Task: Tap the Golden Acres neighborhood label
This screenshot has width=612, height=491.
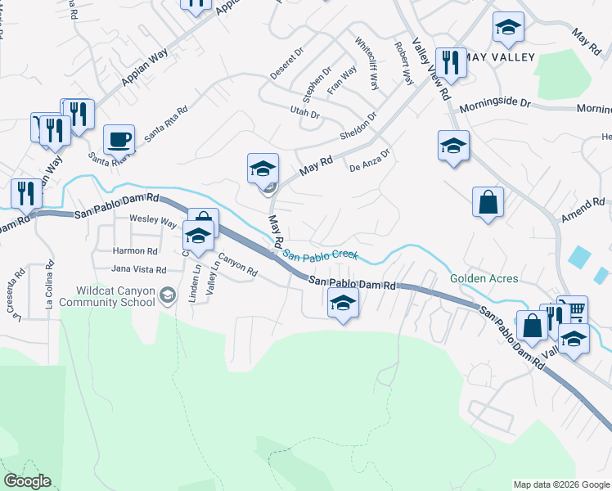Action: tap(484, 279)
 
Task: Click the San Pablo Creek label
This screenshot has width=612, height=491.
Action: tap(321, 255)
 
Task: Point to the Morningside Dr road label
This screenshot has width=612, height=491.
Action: tap(495, 106)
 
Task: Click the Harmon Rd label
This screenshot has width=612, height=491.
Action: tap(135, 251)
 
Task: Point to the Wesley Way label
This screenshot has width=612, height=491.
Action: tap(153, 221)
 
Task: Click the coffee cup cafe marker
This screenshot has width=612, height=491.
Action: tap(119, 139)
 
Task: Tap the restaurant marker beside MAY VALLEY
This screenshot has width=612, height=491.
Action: tap(451, 62)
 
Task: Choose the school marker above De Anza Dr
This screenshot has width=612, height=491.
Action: tap(453, 146)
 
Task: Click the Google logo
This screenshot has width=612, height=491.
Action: tap(26, 481)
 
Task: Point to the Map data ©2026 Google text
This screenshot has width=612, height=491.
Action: tap(561, 484)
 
